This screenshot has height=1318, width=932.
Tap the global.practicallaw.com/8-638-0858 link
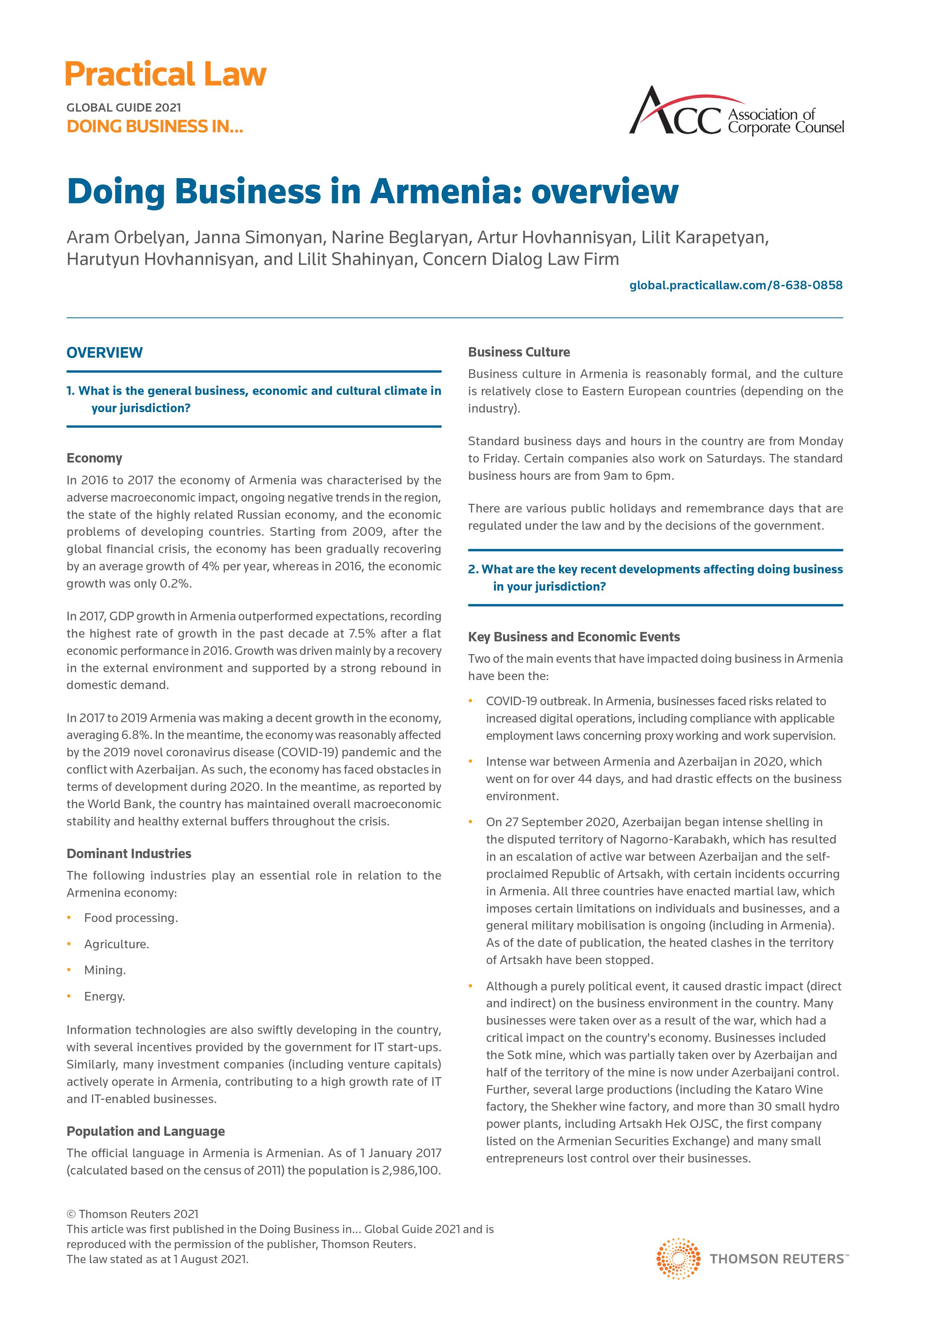click(736, 285)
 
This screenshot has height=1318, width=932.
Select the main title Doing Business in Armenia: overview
click(372, 191)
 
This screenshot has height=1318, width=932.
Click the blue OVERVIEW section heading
click(104, 352)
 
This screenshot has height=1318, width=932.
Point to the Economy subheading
click(94, 458)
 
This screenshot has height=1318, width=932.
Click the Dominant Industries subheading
click(128, 854)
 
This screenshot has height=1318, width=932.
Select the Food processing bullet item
click(131, 918)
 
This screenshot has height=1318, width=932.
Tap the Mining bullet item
click(105, 970)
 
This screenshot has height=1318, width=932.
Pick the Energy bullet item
click(104, 996)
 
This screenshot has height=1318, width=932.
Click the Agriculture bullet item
click(116, 944)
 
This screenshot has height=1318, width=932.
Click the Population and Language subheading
click(146, 1131)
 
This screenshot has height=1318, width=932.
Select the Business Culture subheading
click(519, 352)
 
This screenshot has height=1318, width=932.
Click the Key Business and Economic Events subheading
click(574, 636)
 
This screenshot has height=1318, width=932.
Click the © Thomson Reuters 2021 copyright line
click(133, 1214)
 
